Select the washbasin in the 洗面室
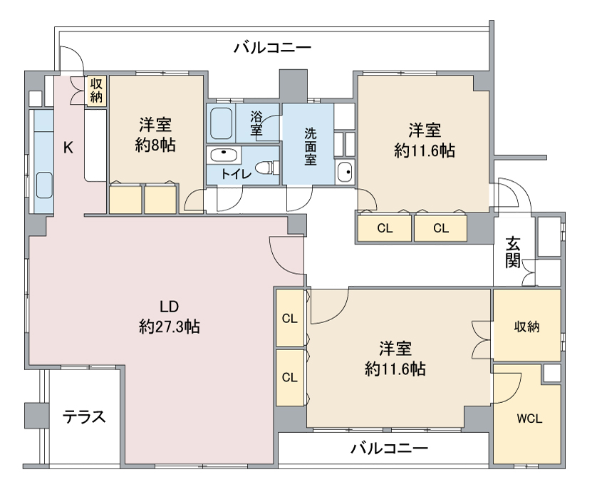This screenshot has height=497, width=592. point(345,172)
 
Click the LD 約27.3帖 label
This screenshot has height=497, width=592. point(169,317)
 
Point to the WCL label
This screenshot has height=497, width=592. point(529,419)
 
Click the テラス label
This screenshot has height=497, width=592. point(84,416)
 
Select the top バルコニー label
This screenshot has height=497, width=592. point(272,48)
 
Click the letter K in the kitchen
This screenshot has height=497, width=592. point(68,148)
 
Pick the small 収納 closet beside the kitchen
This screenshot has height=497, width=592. point(96,90)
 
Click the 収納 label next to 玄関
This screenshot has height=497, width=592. point(527,327)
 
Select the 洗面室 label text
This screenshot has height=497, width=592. point(311,145)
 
